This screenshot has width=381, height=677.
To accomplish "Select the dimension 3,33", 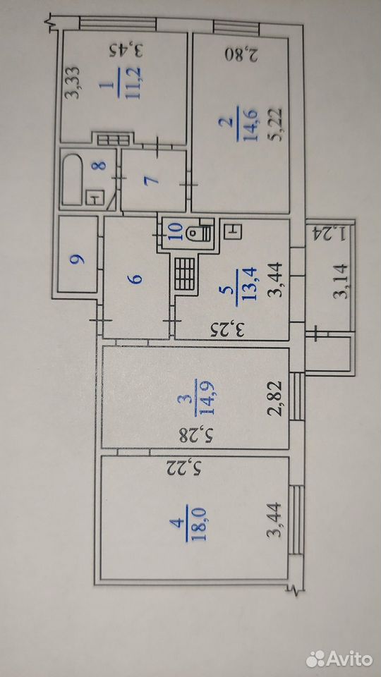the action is coord(74,82).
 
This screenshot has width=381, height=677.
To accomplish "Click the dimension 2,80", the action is coord(242,54).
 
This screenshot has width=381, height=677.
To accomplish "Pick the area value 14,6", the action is coord(250,126).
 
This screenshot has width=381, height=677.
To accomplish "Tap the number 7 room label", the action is coord(154,179).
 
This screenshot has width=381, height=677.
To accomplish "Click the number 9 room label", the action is coord(78,260).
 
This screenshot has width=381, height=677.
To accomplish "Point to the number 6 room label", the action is coord(136,279).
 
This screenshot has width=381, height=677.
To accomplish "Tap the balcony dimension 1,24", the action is coord(329,233).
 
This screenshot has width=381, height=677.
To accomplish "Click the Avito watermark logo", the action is coord(339,659).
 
